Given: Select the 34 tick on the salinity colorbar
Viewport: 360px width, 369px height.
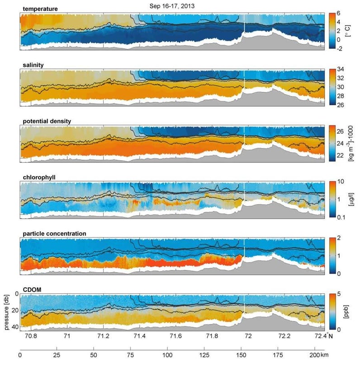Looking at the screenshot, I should click(x=340, y=69).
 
